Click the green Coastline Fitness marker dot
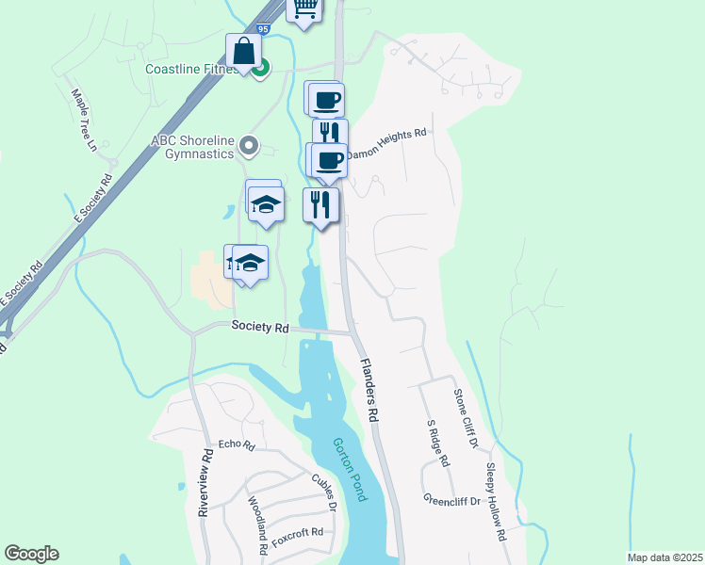263,68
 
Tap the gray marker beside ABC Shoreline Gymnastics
249,145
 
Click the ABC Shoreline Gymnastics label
192,146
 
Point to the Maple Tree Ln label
85,120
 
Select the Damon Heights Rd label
386,143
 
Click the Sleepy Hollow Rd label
497,501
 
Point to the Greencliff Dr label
451,501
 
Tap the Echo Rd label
237,444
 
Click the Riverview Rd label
205,482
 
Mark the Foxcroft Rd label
297,538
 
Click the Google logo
31,554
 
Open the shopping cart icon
304,8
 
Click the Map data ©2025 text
664,557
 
